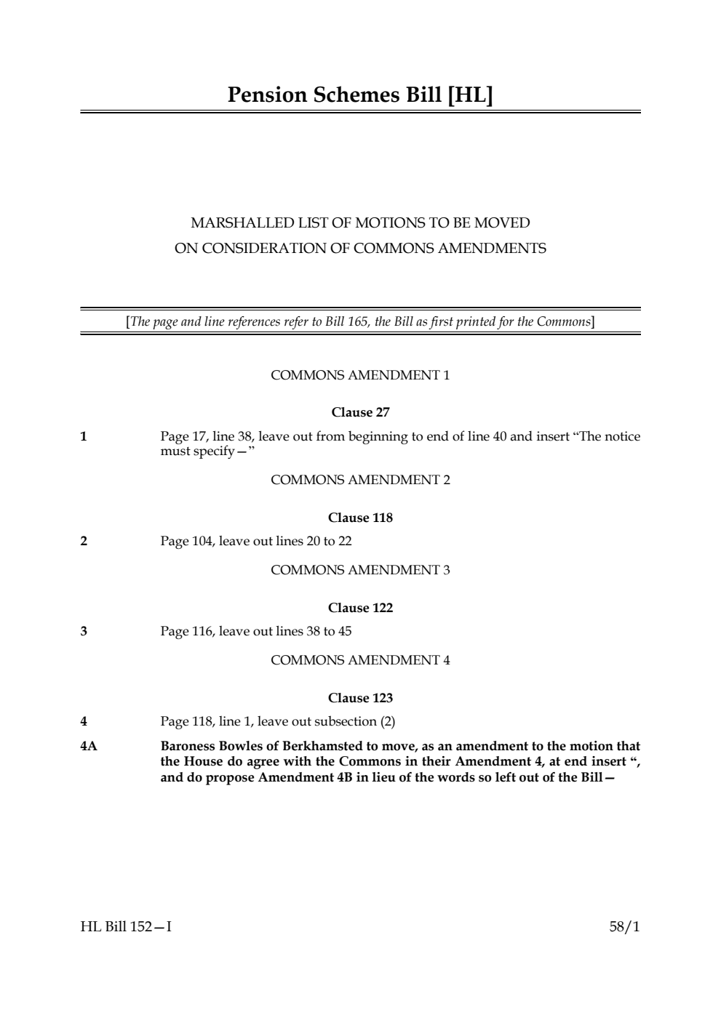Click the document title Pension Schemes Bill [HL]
[360, 95]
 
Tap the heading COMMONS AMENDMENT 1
[360, 375]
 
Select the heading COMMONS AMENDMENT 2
[360, 480]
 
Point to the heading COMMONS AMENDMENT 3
[360, 570]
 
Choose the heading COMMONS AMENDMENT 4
[360, 660]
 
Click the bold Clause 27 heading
[360, 412]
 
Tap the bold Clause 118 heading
[360, 518]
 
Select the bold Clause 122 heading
[360, 608]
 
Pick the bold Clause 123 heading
[360, 698]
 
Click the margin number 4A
[88, 746]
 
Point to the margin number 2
[84, 541]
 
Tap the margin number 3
[84, 631]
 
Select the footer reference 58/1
[625, 927]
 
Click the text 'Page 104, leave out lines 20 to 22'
[256, 541]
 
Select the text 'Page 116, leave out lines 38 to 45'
[256, 631]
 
